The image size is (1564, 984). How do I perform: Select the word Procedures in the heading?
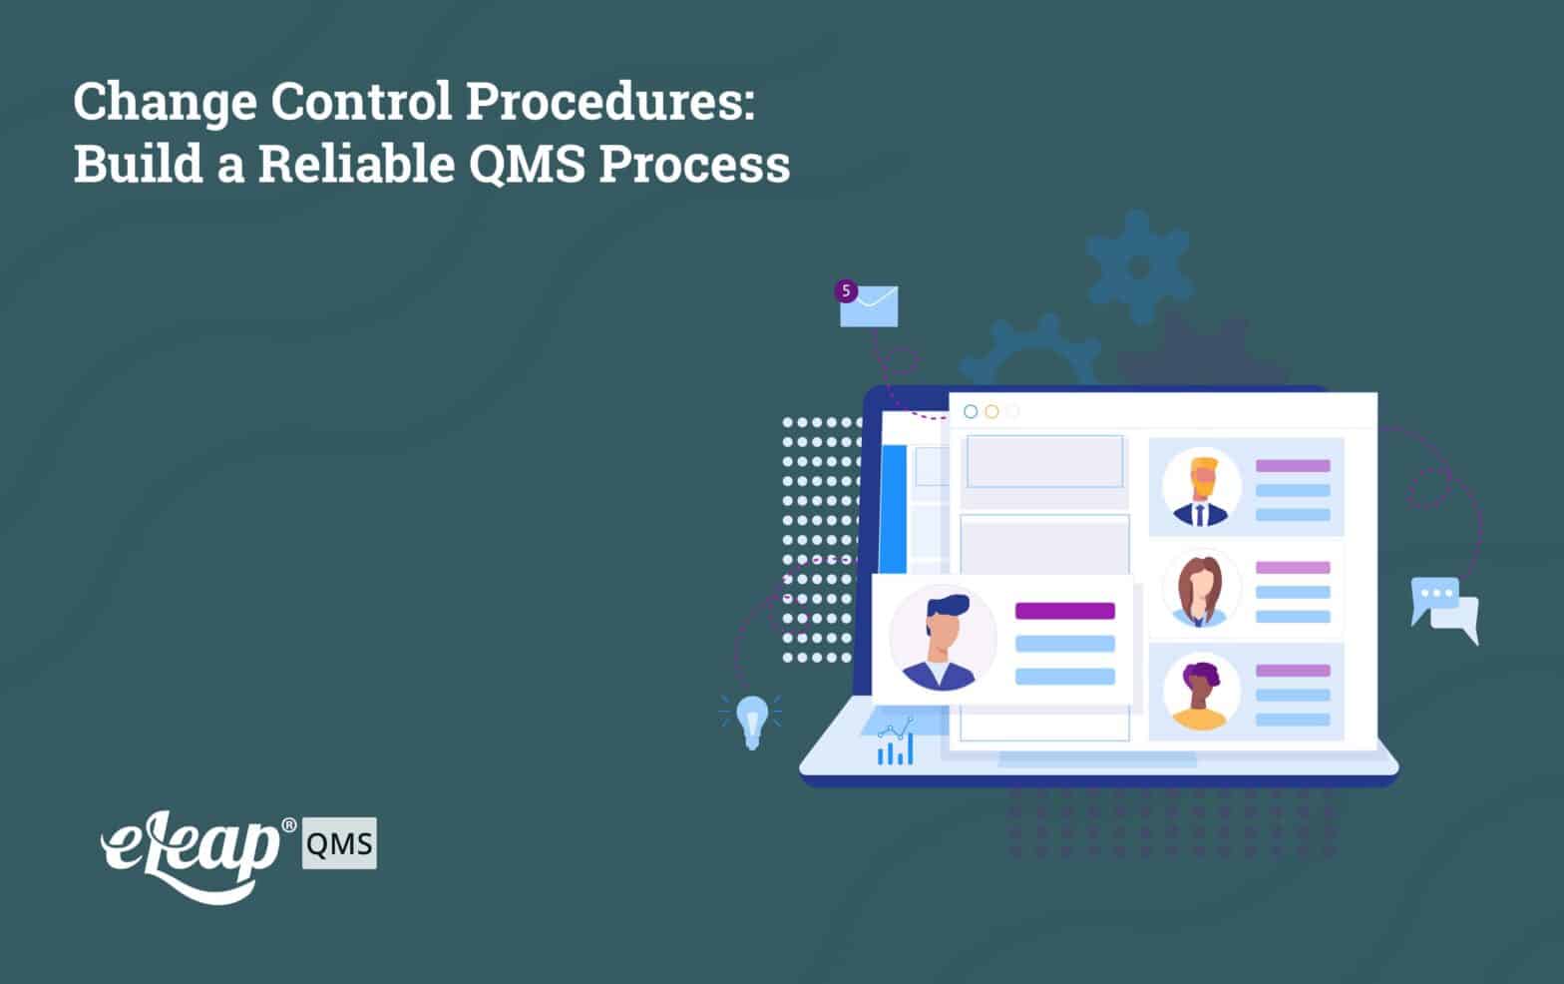point(610,101)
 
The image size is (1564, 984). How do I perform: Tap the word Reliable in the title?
point(357,164)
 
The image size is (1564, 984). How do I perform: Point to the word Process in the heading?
point(694,164)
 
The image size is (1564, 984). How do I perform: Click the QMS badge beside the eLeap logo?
point(339,843)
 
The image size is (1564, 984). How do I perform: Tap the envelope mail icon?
point(869,306)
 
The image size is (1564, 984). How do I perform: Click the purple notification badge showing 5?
point(846,290)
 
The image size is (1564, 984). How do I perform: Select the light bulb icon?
point(751,722)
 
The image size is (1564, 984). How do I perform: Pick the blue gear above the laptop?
point(1139,266)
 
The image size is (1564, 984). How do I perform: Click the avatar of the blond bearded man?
point(1201,487)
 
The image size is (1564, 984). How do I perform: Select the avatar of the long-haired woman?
point(1201,589)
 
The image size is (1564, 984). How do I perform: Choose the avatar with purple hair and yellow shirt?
point(1201,692)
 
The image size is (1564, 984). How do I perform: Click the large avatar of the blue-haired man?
point(943,639)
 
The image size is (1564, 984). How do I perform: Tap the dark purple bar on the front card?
point(1065,611)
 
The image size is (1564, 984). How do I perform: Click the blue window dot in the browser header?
point(971,411)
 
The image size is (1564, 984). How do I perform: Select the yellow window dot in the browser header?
point(991,411)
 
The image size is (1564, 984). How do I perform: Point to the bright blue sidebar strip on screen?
point(893,509)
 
